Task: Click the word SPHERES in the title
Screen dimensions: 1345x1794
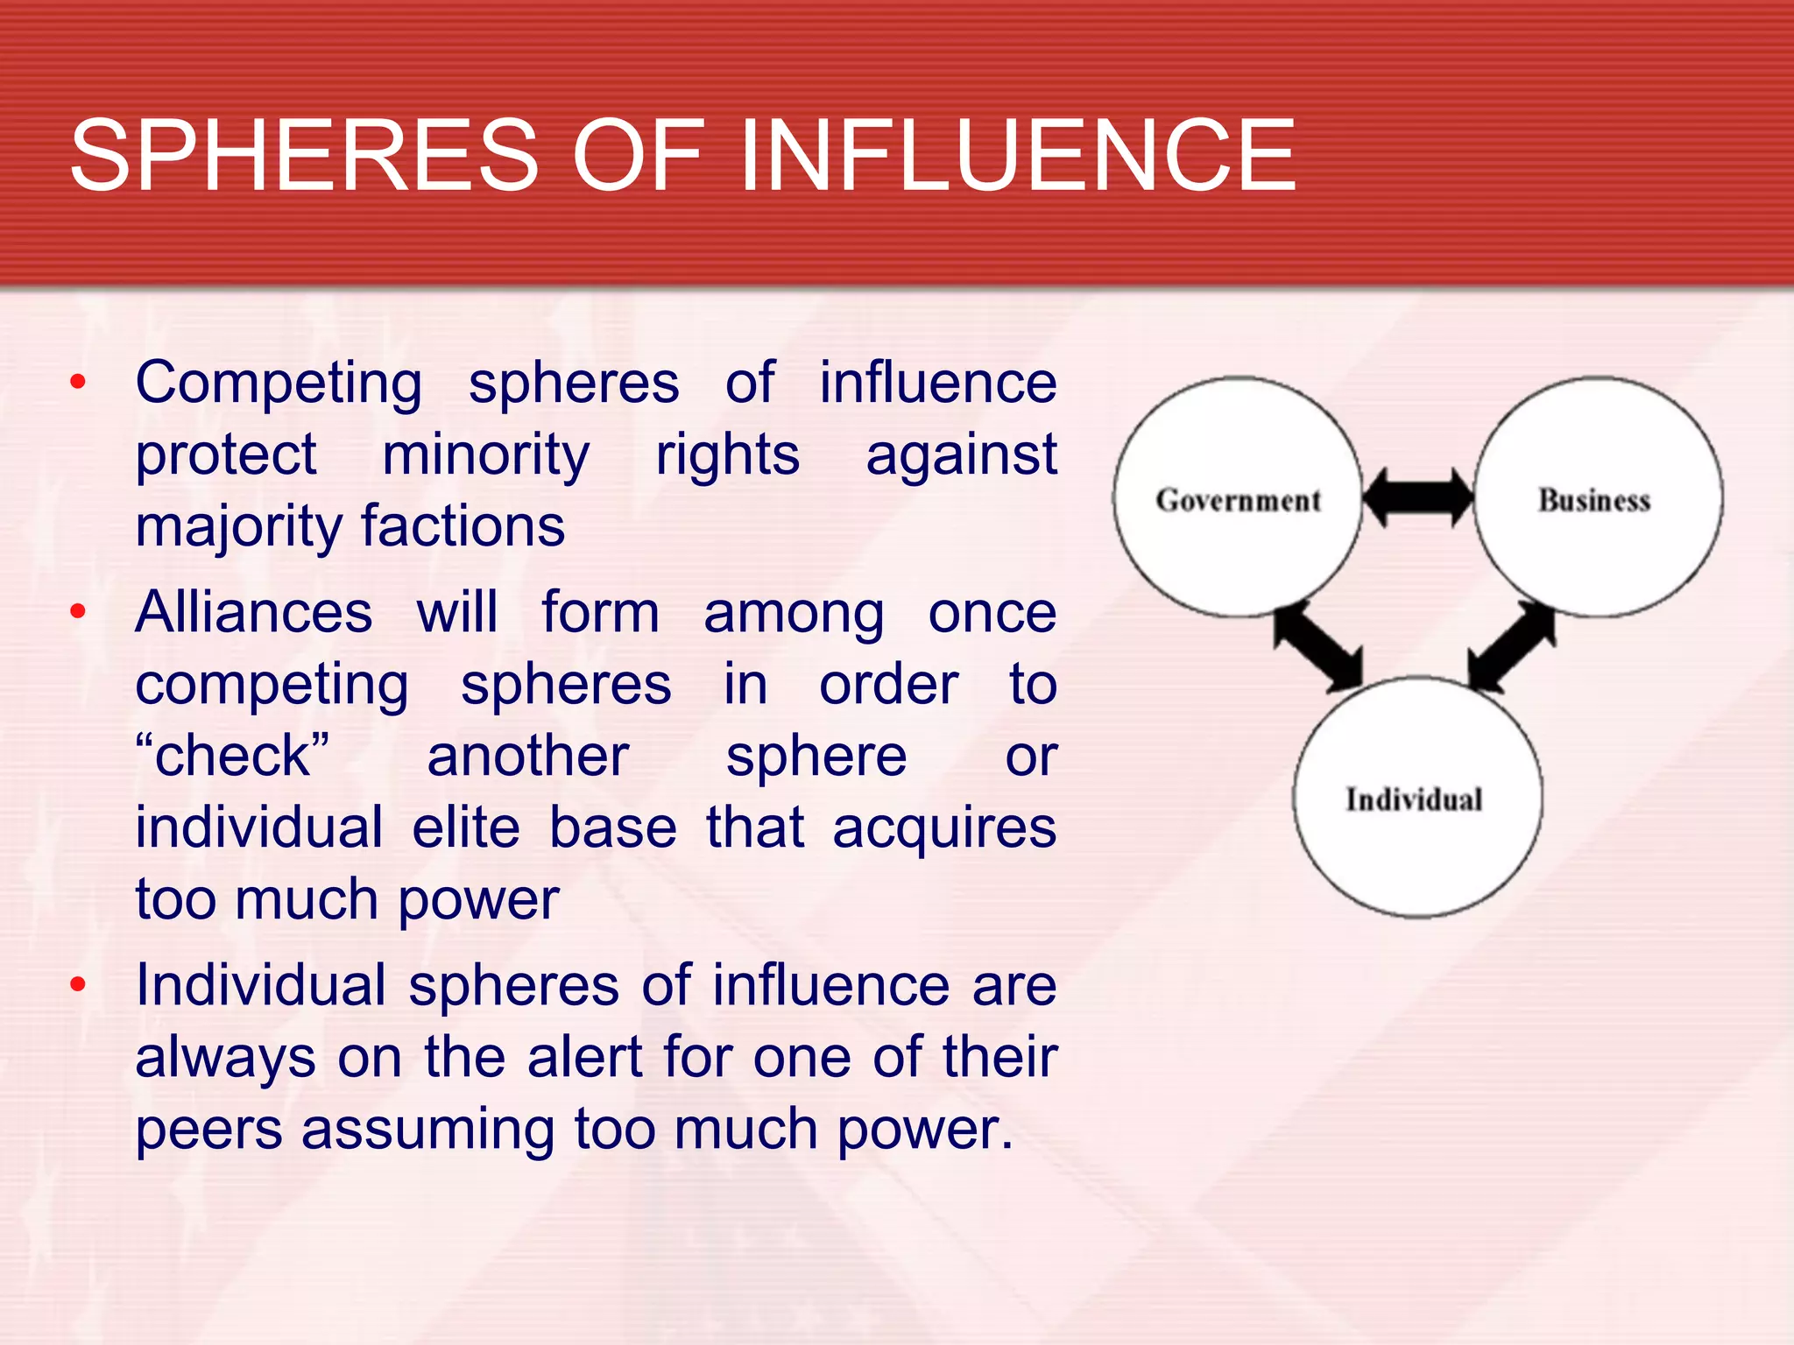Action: tap(304, 156)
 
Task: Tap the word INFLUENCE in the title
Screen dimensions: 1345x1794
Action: tap(1017, 156)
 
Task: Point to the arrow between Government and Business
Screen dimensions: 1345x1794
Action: tap(1418, 497)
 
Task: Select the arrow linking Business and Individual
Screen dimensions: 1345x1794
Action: tap(1512, 646)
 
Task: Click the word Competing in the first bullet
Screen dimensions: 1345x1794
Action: tap(279, 384)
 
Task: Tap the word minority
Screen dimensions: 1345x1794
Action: tap(486, 455)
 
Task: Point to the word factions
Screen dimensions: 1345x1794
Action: tap(463, 527)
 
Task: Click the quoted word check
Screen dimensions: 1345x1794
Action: tap(233, 756)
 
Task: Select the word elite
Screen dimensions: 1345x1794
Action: tap(466, 827)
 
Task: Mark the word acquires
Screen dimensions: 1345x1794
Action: tap(944, 829)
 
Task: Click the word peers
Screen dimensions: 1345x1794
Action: tap(209, 1130)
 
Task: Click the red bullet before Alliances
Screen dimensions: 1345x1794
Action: tap(79, 611)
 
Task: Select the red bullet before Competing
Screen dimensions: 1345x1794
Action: tap(79, 382)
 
